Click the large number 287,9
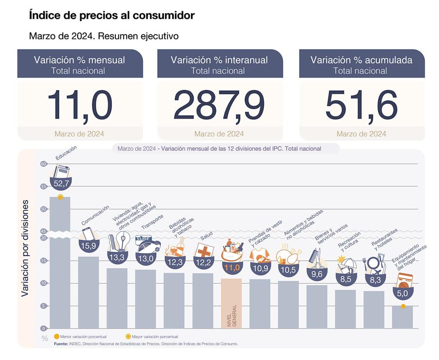219,105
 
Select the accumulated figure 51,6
361,105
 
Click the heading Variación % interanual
219,60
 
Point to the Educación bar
60,262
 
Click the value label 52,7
60,183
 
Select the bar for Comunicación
88,292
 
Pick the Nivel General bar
231,303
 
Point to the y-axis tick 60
43,164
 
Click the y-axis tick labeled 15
43,261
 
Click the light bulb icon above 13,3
123,241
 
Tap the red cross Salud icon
203,250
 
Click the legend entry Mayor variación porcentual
152,337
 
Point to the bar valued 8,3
374,309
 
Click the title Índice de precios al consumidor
112,16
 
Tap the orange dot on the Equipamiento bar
403,306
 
